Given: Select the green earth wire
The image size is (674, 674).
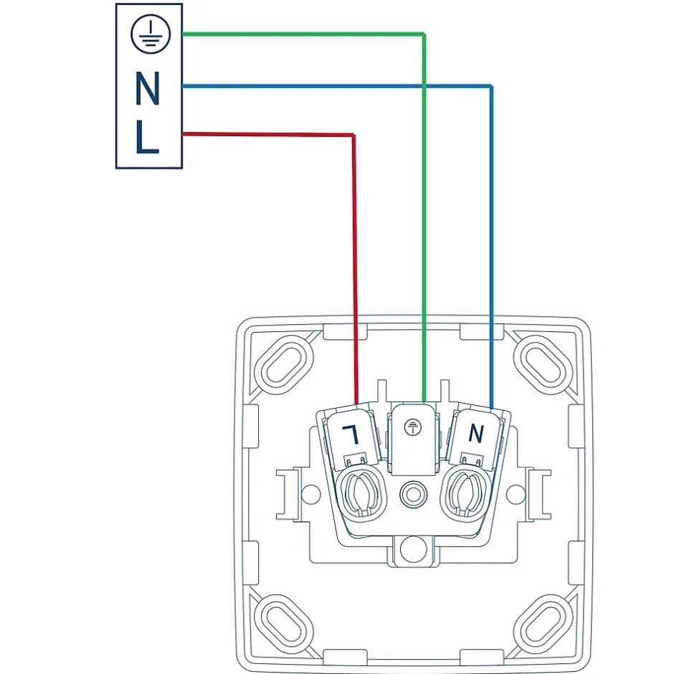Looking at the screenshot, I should pyautogui.click(x=301, y=34).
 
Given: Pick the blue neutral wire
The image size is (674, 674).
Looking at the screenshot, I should pyautogui.click(x=337, y=86).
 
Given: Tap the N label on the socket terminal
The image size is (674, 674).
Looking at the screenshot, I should pyautogui.click(x=475, y=432).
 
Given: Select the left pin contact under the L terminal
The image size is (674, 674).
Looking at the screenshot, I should pyautogui.click(x=362, y=493).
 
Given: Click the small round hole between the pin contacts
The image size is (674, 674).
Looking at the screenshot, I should pyautogui.click(x=412, y=493).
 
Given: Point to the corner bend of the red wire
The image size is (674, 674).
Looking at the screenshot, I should pyautogui.click(x=353, y=135).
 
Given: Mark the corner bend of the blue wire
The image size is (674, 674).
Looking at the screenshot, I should pyautogui.click(x=491, y=87).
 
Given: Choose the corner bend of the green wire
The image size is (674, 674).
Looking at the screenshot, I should pyautogui.click(x=424, y=34).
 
